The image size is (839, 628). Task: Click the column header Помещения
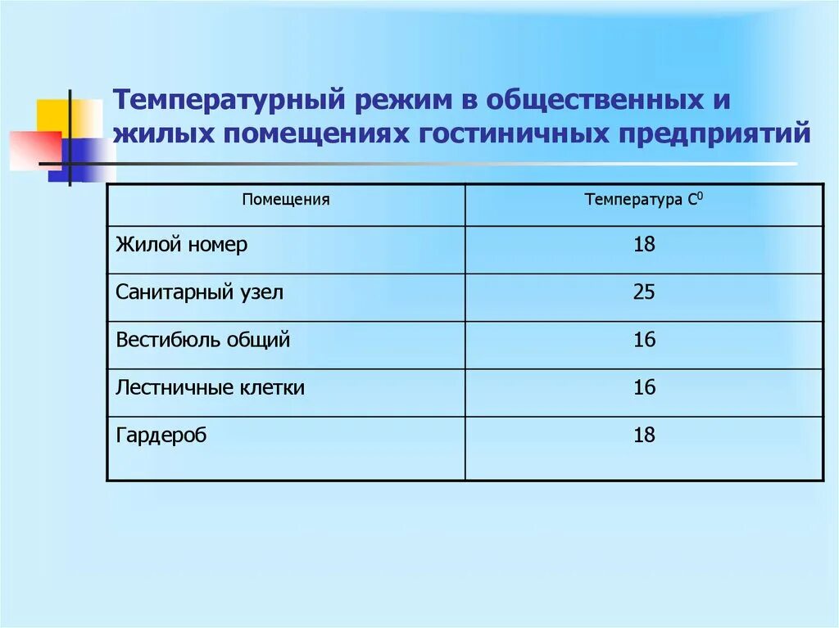(286, 200)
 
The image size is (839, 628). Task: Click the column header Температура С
(644, 200)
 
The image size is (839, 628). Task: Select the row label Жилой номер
(181, 245)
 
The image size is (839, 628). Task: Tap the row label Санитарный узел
(199, 292)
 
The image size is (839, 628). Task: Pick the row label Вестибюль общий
(203, 340)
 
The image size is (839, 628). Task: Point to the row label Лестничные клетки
(210, 387)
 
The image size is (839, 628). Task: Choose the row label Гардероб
(161, 435)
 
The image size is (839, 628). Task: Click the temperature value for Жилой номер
(644, 245)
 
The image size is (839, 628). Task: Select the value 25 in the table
(644, 292)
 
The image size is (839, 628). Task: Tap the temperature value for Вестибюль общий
(644, 340)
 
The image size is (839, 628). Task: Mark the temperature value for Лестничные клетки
(644, 387)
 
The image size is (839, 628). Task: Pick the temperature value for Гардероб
(644, 435)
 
